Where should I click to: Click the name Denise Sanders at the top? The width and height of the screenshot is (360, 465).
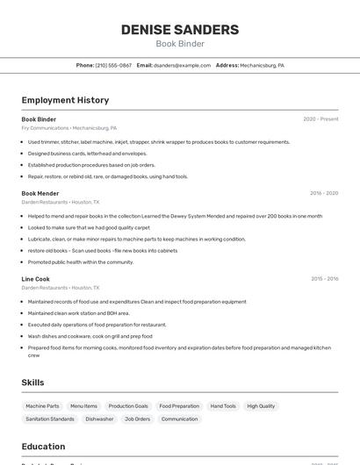[180, 29]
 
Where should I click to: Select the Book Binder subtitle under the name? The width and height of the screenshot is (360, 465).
[180, 44]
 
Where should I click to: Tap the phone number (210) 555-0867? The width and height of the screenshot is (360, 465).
[113, 65]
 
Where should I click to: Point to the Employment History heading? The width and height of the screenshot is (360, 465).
[65, 100]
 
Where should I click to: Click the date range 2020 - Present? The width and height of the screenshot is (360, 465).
[320, 119]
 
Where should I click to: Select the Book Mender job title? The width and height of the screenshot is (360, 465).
[40, 193]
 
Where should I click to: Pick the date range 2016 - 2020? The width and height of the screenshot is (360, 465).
[324, 193]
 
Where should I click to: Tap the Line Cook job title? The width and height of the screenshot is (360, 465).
[36, 279]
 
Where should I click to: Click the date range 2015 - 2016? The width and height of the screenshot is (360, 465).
[324, 279]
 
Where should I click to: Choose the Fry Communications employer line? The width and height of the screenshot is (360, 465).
[69, 128]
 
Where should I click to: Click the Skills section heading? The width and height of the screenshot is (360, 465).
[32, 383]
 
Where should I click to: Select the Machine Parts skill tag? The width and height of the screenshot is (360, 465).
[42, 406]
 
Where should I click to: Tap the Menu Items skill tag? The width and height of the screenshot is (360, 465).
[83, 406]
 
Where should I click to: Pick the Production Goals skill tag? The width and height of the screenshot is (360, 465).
[128, 406]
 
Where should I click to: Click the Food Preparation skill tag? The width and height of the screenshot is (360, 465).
[179, 406]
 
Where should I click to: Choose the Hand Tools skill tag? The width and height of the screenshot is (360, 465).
[223, 406]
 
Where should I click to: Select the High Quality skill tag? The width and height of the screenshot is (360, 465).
[261, 406]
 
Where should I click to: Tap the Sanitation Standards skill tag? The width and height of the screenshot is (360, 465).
[50, 419]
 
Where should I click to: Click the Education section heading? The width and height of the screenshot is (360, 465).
[43, 447]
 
